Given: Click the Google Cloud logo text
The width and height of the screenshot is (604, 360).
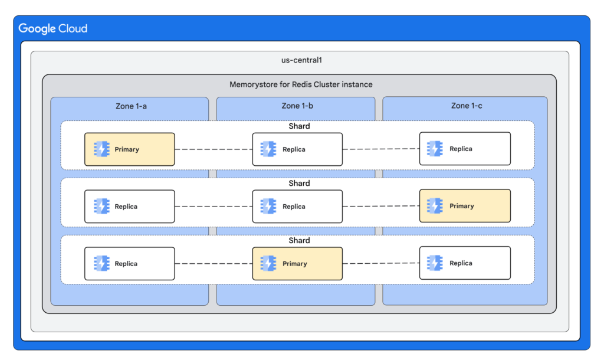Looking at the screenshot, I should click(x=53, y=28).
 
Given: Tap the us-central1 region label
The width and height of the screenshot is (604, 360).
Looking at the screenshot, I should click(x=300, y=61).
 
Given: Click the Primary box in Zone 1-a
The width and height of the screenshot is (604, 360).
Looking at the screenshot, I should click(x=129, y=149).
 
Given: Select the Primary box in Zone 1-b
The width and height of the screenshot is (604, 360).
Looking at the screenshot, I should click(x=297, y=264).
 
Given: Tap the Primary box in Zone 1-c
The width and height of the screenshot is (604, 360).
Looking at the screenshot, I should click(x=465, y=207).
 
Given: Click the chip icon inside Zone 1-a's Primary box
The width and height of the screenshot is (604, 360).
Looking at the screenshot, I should click(x=101, y=149).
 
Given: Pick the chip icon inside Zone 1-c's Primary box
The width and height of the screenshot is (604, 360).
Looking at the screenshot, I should click(x=435, y=206).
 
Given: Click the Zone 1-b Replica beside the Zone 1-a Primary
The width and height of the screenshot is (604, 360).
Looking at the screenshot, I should click(x=297, y=149).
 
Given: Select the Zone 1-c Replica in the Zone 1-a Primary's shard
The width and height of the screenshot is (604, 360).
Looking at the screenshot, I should click(x=465, y=149).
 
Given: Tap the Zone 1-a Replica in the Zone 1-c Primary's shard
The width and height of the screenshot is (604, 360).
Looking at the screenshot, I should click(x=129, y=207).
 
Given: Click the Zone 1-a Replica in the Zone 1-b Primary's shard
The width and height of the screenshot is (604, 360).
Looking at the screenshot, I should click(x=129, y=264).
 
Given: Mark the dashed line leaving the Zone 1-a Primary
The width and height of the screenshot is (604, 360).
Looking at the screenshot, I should click(x=213, y=149).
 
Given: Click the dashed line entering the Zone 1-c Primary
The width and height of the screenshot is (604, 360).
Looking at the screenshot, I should click(x=381, y=206).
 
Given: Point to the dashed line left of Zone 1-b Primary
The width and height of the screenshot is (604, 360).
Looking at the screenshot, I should click(x=213, y=264).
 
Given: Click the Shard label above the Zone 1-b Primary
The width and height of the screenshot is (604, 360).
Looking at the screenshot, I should click(x=299, y=241).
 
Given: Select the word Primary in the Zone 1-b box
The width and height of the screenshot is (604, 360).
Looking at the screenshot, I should click(x=295, y=264).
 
